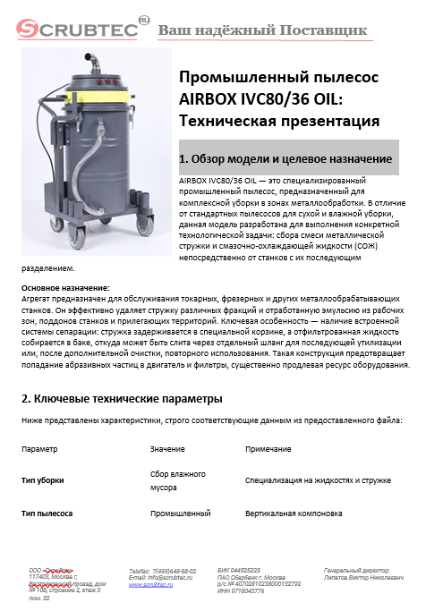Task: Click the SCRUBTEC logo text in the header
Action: (x=72, y=30)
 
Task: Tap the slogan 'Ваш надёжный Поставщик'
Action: (x=262, y=31)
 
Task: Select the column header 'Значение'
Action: (x=167, y=448)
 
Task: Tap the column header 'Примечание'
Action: (x=268, y=448)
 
